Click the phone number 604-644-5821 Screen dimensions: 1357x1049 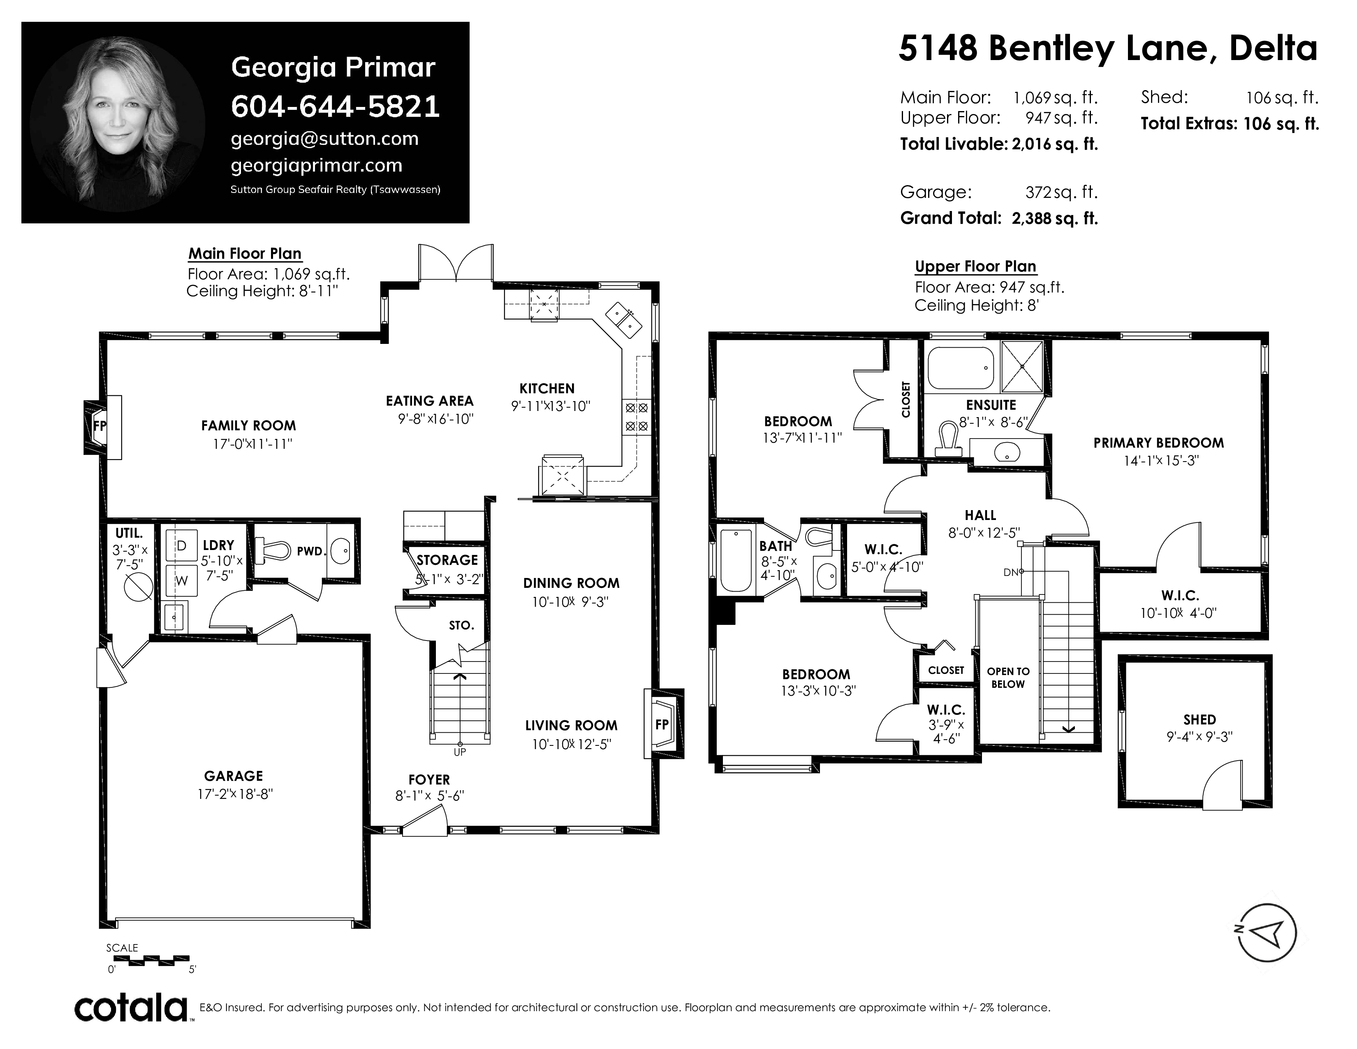coord(336,106)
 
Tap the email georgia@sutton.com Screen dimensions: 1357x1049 coord(324,139)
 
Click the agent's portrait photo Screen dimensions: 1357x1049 coord(118,124)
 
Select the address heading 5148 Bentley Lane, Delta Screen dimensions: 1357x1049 coord(1108,49)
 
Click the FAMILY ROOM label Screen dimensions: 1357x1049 coord(248,426)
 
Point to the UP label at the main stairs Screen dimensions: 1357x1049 coord(460,752)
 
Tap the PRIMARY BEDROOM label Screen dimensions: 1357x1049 coord(1159,443)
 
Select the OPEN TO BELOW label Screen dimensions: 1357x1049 coord(1008,678)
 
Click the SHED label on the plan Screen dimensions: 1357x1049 coord(1199,719)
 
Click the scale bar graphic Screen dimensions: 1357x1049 coord(152,960)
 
